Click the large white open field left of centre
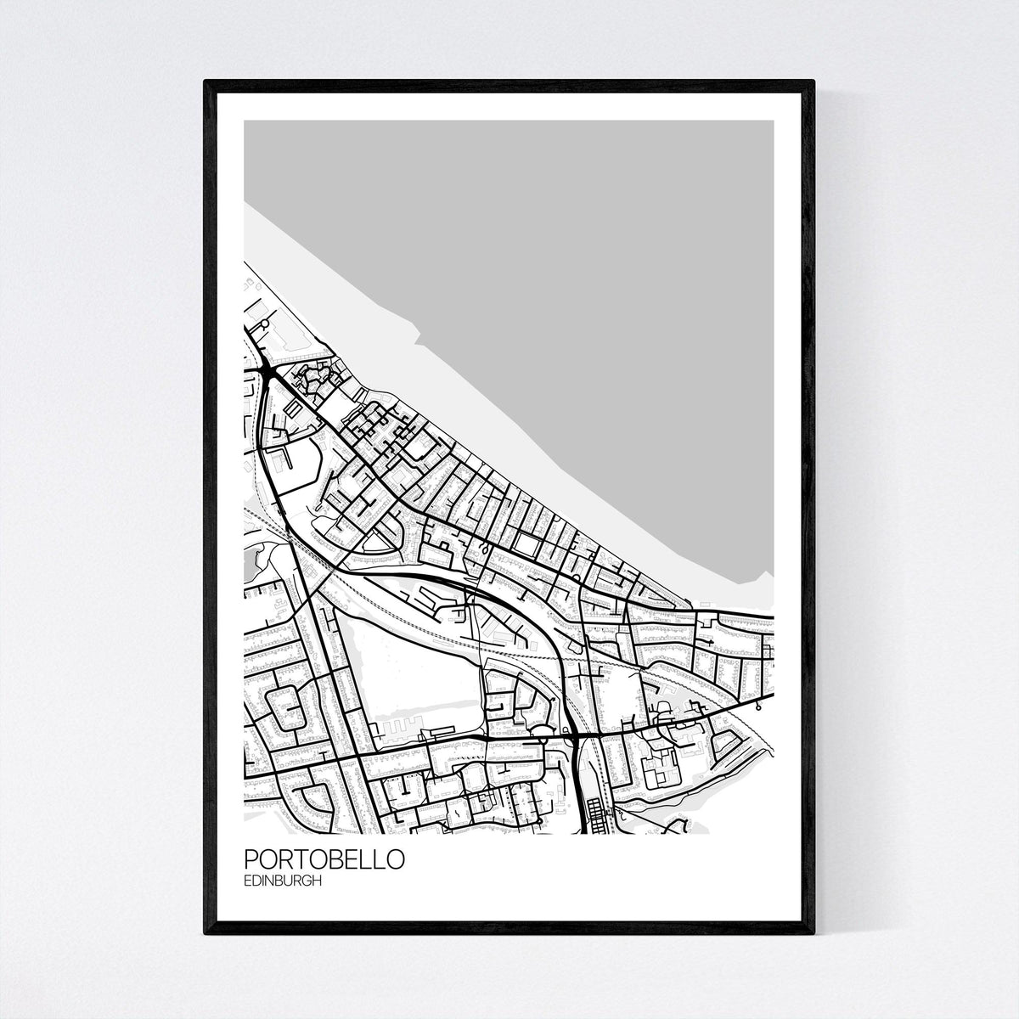point(408,654)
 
